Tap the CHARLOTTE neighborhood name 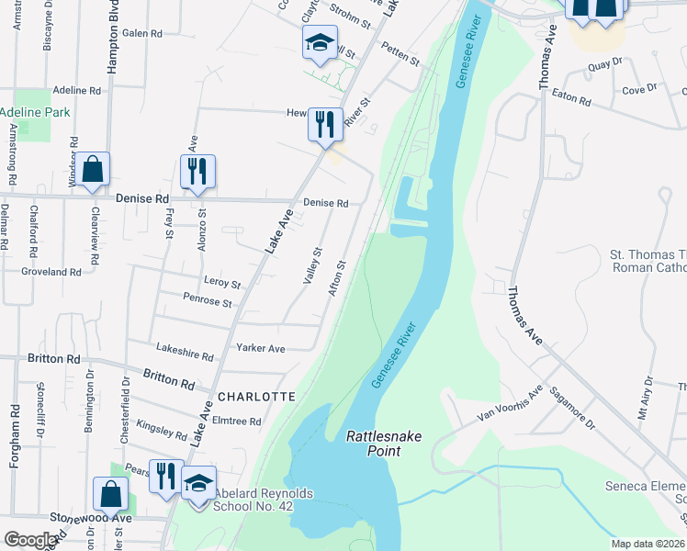coord(256,397)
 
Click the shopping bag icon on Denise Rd coord(92,170)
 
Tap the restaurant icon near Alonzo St coord(197,171)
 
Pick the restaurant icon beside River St coord(323,124)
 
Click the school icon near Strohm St coord(320,42)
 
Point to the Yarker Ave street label coord(261,349)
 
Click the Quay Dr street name coord(605,65)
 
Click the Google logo coord(30,540)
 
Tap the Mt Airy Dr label coord(648,393)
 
